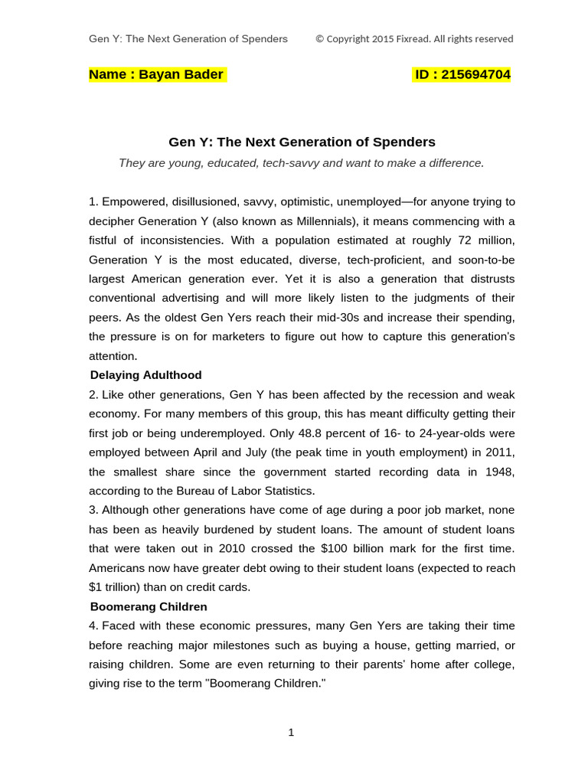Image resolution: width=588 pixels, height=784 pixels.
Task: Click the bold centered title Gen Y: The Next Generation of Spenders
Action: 302,142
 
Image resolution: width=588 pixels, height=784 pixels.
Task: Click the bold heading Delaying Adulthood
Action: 145,375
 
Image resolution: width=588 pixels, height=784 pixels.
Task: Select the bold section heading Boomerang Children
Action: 149,606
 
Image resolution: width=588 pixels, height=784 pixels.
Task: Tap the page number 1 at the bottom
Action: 291,733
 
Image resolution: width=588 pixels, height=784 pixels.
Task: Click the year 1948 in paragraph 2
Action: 500,472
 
